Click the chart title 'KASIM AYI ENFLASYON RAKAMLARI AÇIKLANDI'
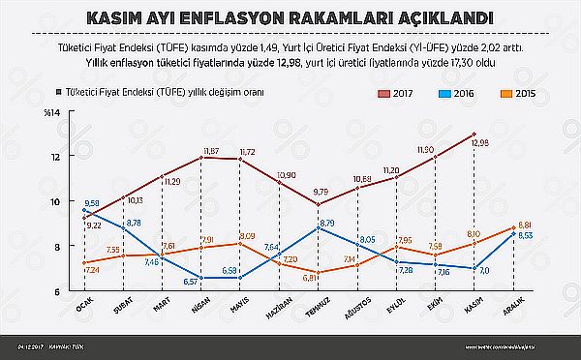click(290, 18)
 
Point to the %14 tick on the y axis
click(66, 115)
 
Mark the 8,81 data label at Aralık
click(524, 224)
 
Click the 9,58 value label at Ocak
click(93, 202)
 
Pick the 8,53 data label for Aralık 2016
click(524, 235)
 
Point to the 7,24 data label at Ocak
click(93, 270)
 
